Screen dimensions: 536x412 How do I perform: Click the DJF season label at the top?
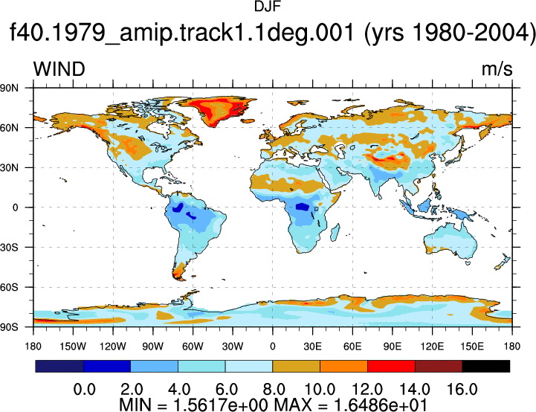coord(268,7)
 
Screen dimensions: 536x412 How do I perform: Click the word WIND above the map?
coord(59,69)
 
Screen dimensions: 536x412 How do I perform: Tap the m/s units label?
coord(497,69)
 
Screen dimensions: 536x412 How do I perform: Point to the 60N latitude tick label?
coord(9,128)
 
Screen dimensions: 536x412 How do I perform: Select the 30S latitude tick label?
coord(9,247)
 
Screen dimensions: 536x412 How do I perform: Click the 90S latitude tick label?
coord(9,327)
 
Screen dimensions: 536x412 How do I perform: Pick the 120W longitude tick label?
coord(113,347)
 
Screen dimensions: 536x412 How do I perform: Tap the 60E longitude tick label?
coord(352,347)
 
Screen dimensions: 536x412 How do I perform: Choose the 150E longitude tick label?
coord(472,347)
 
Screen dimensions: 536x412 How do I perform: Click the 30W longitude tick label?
coord(233,347)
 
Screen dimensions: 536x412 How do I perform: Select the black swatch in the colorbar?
coord(485,366)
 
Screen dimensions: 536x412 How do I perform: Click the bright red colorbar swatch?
coord(391,366)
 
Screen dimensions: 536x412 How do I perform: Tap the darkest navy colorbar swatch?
coord(59,366)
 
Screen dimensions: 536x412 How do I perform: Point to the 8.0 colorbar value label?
coord(274,389)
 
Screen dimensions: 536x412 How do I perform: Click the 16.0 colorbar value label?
coord(462,389)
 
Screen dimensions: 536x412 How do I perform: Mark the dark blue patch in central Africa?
coord(302,207)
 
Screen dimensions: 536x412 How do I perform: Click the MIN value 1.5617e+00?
coord(221,405)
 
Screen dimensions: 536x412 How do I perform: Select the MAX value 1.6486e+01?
coord(381,405)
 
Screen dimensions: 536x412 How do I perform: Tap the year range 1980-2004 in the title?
coord(473,33)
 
